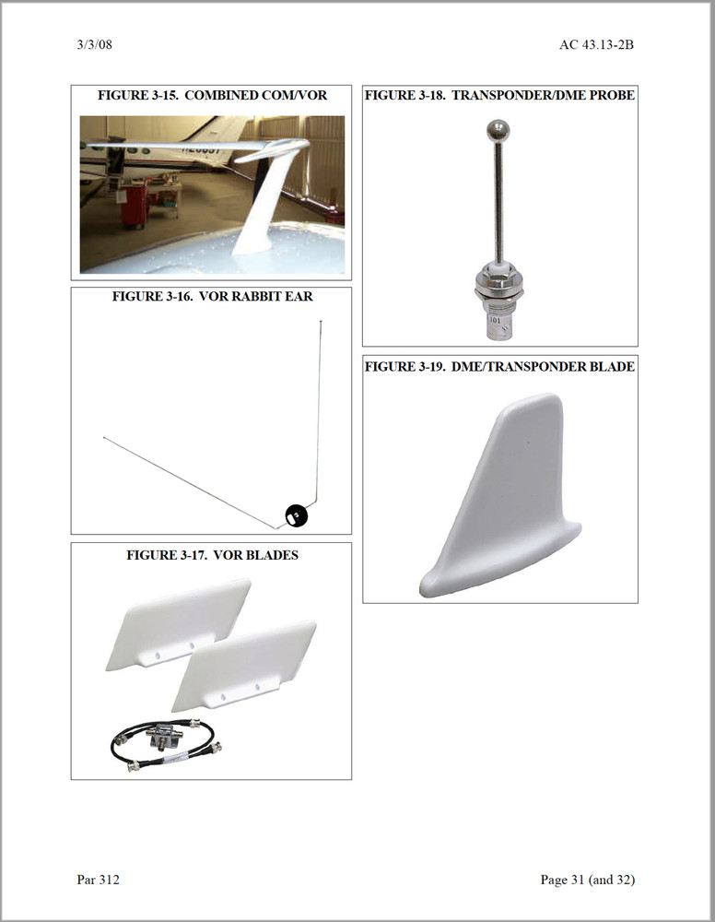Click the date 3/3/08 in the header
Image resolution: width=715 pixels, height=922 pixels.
coord(95,44)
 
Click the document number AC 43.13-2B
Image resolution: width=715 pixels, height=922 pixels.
coord(596,44)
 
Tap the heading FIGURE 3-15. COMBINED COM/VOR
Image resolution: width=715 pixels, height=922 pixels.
coord(212,95)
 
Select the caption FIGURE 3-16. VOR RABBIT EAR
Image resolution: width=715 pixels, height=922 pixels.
coord(212,297)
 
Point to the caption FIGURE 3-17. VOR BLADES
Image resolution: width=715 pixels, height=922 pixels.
coord(212,555)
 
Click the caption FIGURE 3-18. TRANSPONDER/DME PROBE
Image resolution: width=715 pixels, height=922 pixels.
coord(499,95)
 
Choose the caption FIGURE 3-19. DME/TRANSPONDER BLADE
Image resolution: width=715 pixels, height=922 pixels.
coord(499,367)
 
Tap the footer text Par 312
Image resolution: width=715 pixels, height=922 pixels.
coord(99,880)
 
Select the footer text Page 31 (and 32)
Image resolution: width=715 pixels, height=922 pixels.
coord(587,880)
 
